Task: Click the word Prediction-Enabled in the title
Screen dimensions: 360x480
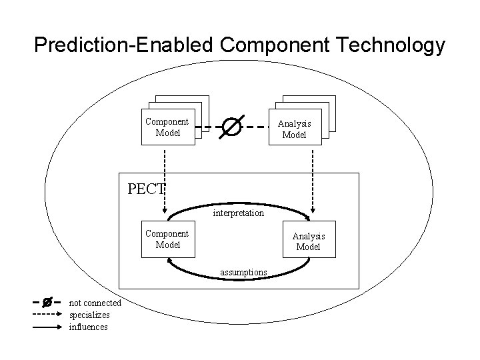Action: coord(124,45)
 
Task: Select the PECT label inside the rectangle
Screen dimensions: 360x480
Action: coord(145,188)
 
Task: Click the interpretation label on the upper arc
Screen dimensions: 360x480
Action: coord(239,213)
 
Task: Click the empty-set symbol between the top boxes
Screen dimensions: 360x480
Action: coord(231,126)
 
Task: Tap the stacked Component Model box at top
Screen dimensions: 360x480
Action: coord(168,127)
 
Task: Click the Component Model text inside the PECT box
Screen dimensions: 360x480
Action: coord(167,239)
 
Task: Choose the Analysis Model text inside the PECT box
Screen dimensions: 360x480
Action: coord(309,241)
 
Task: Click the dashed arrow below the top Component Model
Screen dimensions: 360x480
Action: coord(164,168)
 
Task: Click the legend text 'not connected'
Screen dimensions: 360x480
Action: coord(95,303)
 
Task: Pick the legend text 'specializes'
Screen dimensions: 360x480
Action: coord(90,315)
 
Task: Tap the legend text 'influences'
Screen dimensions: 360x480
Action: coord(89,327)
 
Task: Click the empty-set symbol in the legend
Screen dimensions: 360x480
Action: coord(47,303)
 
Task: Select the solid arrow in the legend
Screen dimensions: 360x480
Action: coord(47,327)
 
